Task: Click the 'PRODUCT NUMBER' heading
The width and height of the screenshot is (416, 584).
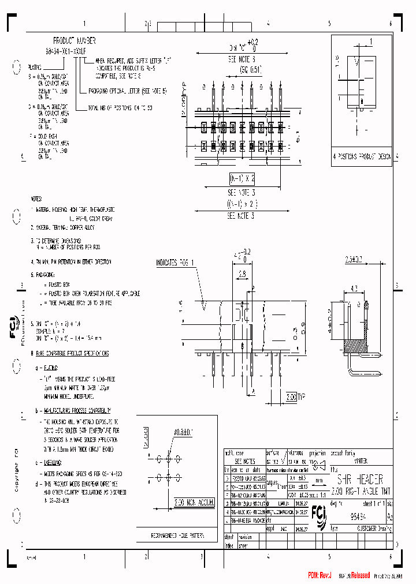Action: pos(74,41)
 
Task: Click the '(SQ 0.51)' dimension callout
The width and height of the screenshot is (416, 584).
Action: pos(251,68)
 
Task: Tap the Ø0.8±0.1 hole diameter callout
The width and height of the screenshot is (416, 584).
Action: pos(184,430)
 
